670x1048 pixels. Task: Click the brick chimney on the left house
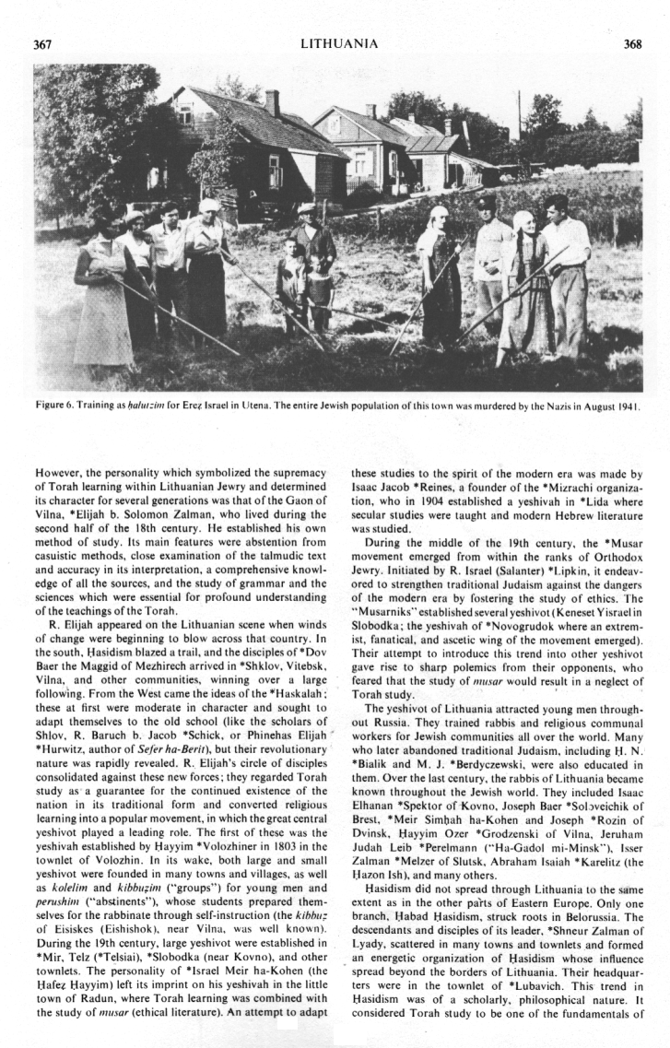pyautogui.click(x=272, y=102)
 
